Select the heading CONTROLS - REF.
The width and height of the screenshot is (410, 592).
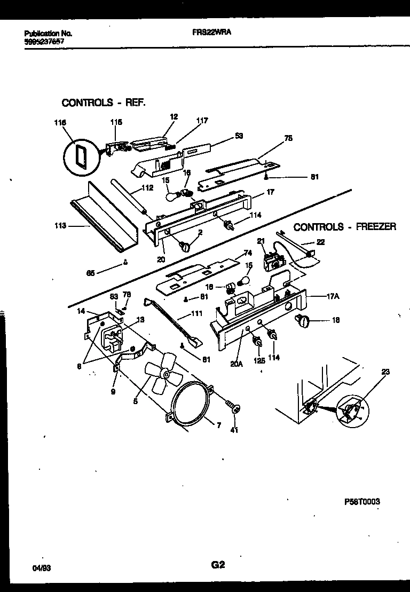click(x=104, y=102)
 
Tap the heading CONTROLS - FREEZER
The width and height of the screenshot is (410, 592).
click(x=345, y=227)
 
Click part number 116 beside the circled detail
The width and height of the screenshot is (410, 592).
click(x=60, y=123)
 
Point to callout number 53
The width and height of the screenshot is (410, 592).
click(x=239, y=136)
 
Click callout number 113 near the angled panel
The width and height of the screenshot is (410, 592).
click(x=60, y=226)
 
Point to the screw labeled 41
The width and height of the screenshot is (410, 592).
click(x=233, y=408)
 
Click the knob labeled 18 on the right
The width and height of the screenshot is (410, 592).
click(x=305, y=321)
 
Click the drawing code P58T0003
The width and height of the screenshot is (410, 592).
click(x=362, y=502)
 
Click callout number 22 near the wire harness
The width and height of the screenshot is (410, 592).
click(x=320, y=242)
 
